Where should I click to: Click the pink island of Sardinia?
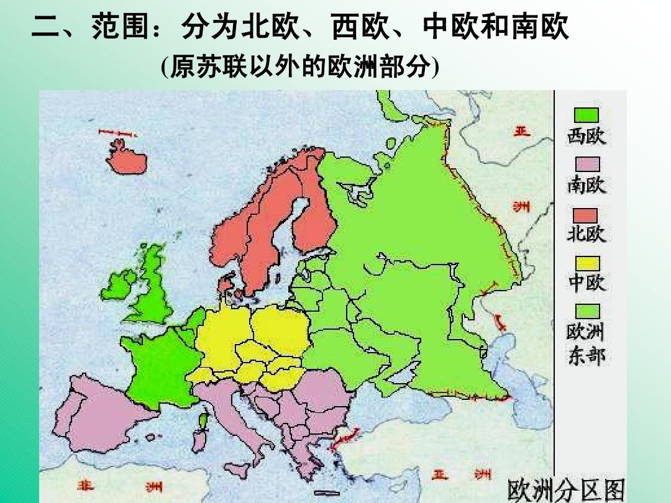(x=198, y=440)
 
